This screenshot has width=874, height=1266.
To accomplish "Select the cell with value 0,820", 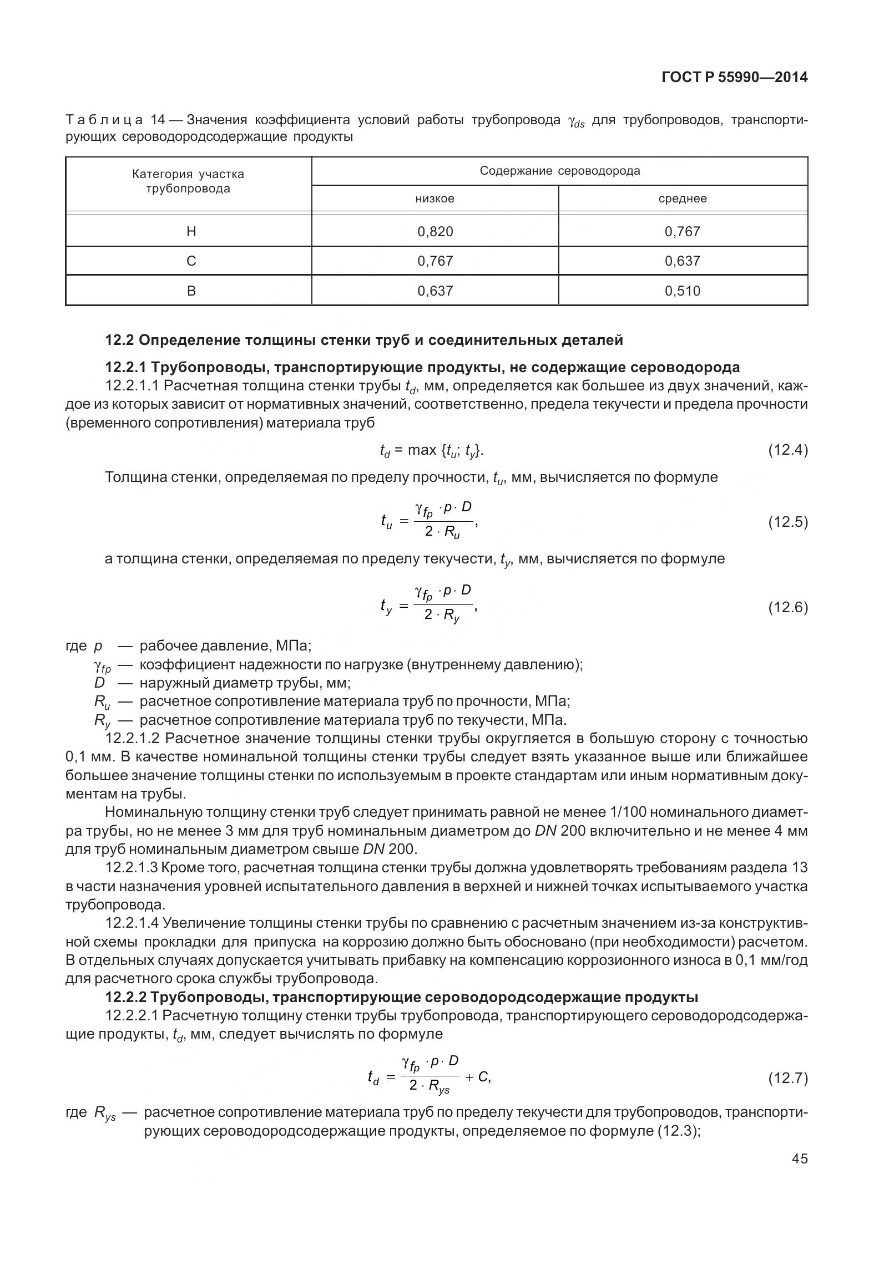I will point(435,232).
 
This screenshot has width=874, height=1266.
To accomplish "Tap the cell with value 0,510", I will point(682,291).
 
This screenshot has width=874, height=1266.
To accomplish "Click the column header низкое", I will point(435,199).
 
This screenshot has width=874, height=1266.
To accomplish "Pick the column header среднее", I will point(682,199).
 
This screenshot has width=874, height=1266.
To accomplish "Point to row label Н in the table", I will point(191,232).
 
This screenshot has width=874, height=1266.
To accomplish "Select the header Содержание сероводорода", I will point(559,171).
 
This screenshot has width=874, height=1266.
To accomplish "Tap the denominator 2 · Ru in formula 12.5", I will point(442,532).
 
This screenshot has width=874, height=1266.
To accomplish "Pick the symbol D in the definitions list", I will point(99,683).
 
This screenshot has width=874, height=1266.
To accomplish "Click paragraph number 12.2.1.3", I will point(133,868).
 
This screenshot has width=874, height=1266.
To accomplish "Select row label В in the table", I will point(191,291).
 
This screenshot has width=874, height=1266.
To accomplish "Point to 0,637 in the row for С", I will point(682,261).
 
